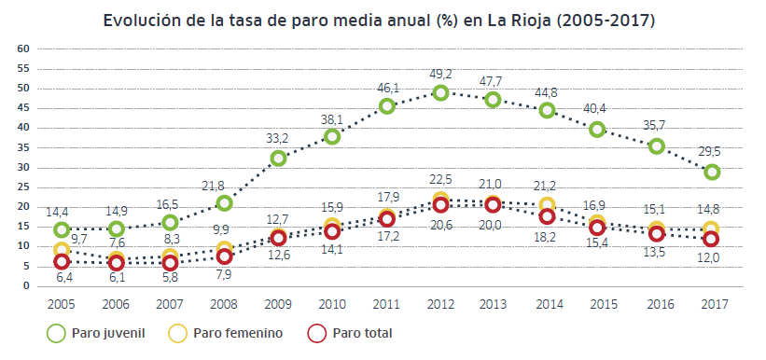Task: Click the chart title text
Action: click(383, 19)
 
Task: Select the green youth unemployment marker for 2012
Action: click(440, 92)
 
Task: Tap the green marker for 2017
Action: click(712, 172)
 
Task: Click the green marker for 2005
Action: click(62, 230)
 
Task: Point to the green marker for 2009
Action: click(278, 159)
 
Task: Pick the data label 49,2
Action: click(441, 73)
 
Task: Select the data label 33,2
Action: click(278, 137)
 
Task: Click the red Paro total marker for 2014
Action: click(549, 216)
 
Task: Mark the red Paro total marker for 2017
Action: click(712, 240)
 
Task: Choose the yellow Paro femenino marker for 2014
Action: click(549, 205)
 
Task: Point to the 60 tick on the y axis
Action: click(25, 48)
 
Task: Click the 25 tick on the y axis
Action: click(25, 187)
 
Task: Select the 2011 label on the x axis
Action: click(386, 304)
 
